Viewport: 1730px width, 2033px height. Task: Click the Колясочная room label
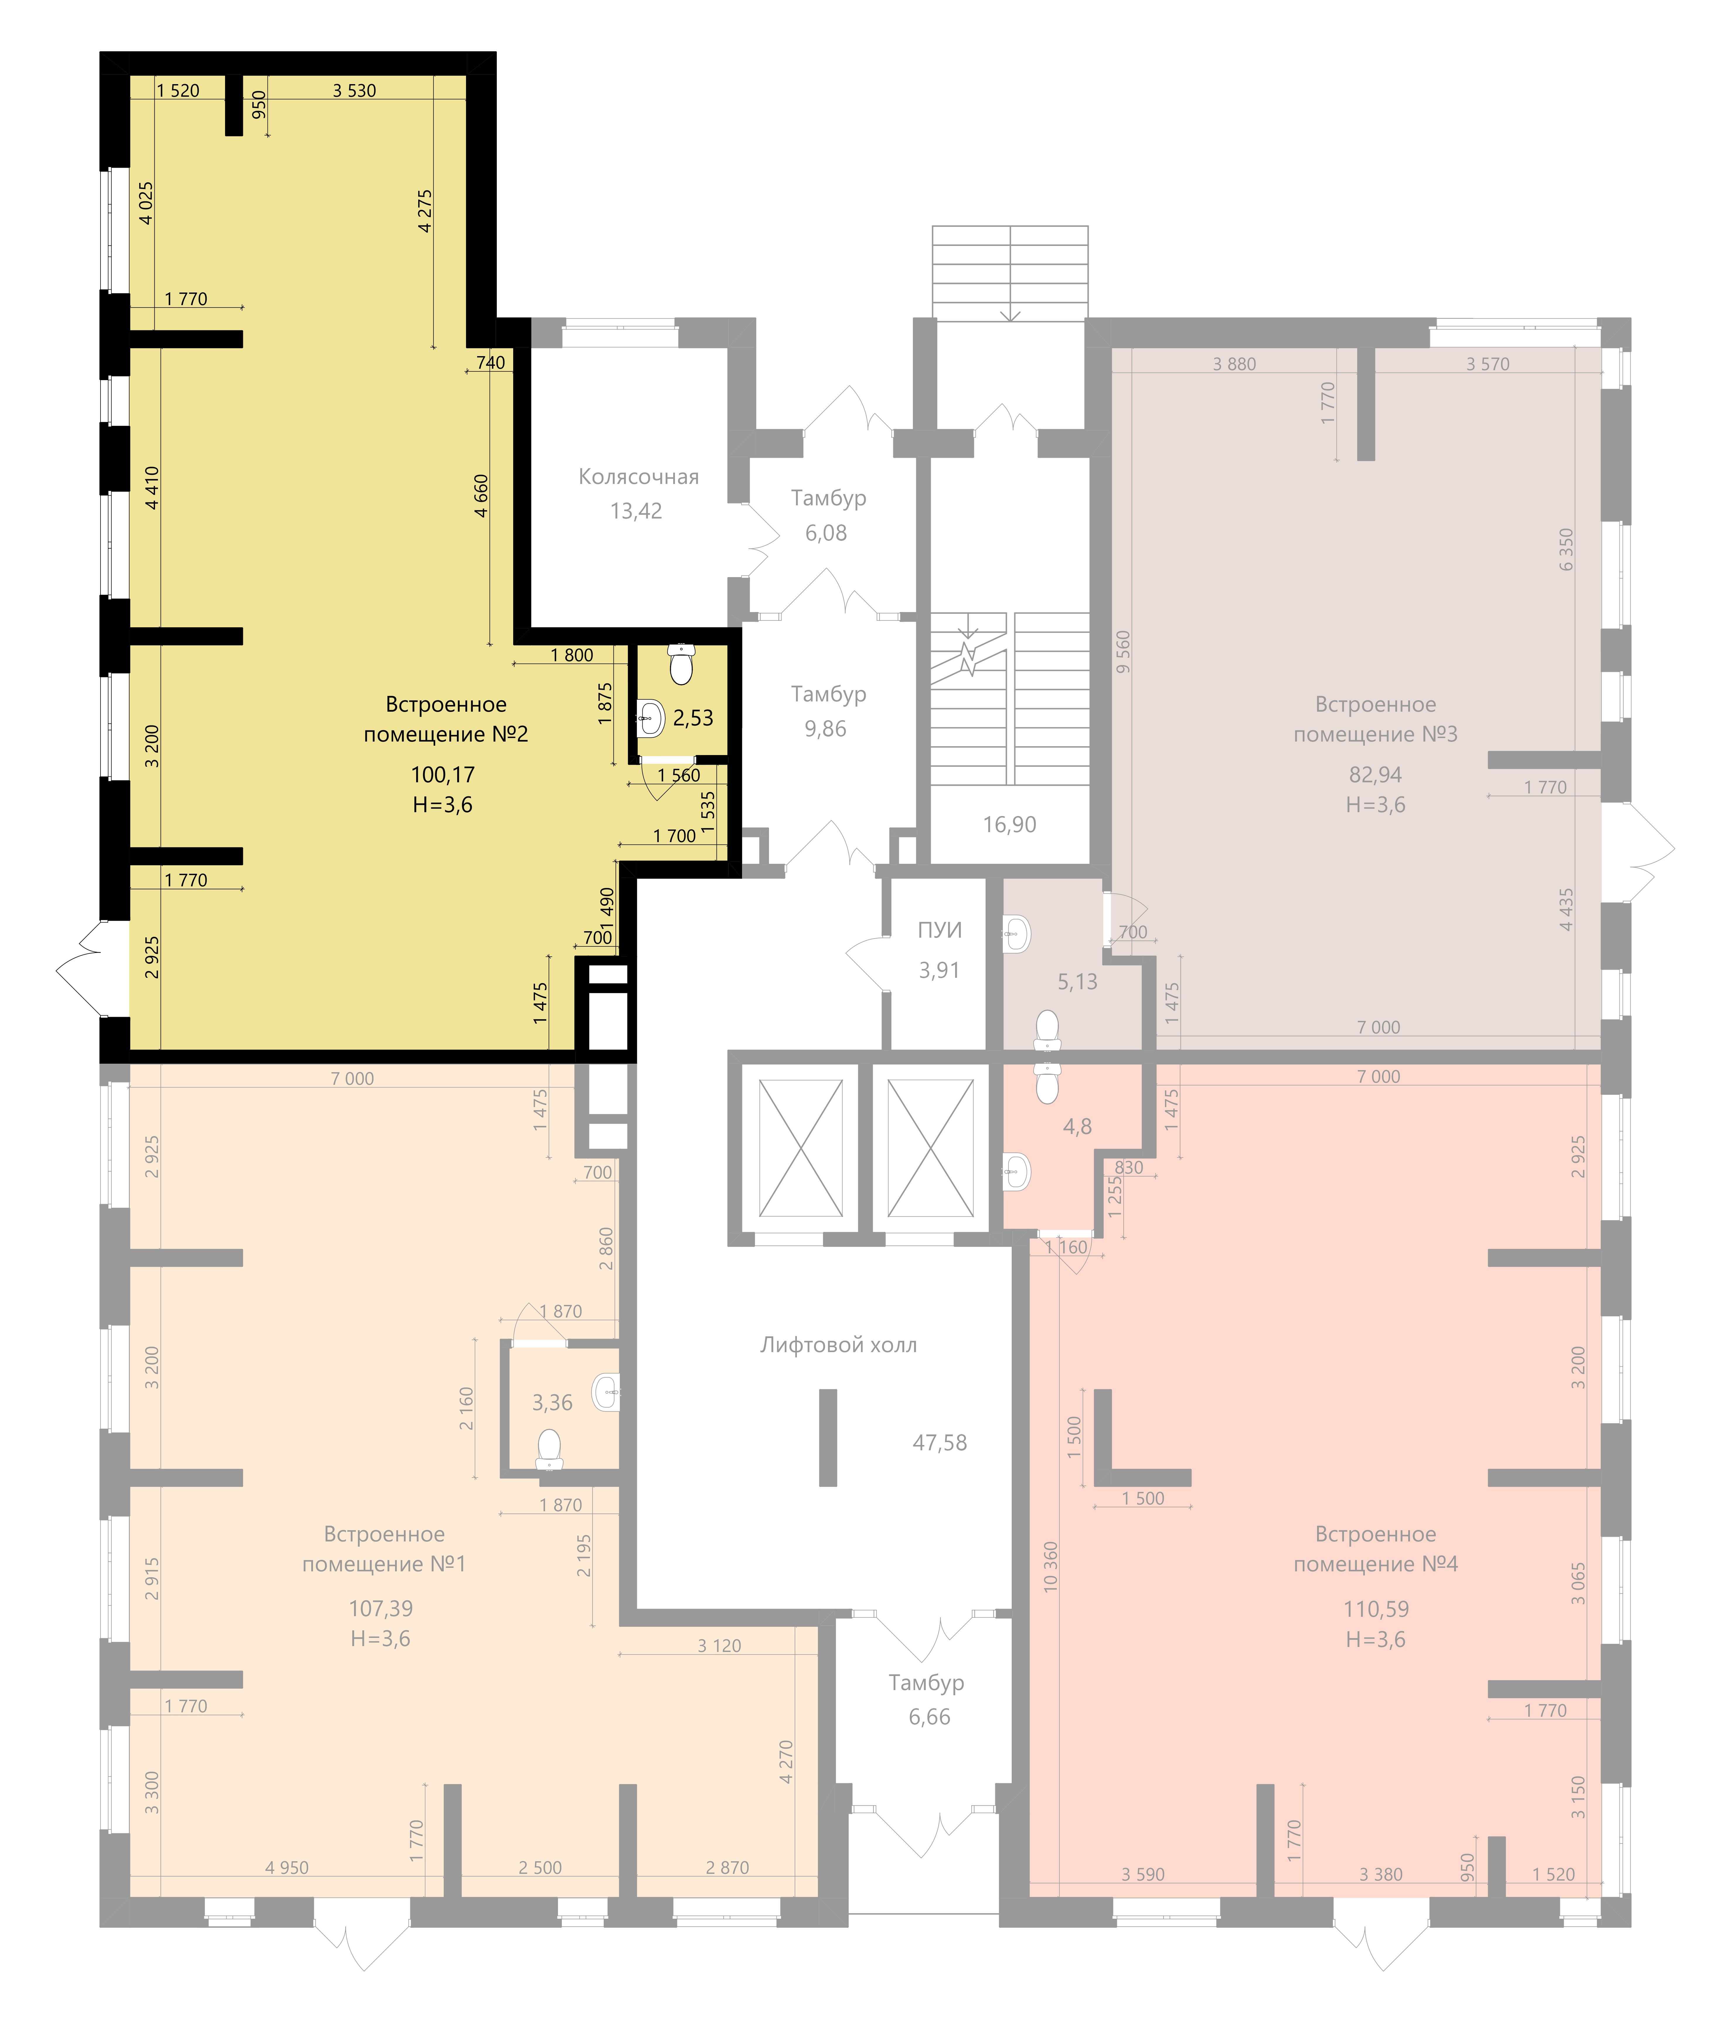point(638,477)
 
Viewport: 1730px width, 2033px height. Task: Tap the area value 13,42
point(635,511)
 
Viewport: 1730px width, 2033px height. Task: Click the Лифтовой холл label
point(838,1344)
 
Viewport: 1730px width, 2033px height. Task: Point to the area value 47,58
point(940,1443)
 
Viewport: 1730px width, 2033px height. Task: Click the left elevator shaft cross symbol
point(800,1148)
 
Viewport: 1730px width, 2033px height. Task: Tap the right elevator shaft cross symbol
point(930,1148)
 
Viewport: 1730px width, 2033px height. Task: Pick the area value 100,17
point(442,775)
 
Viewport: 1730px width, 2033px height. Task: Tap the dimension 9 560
point(1123,651)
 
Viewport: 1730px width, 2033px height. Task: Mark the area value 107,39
point(380,1608)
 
